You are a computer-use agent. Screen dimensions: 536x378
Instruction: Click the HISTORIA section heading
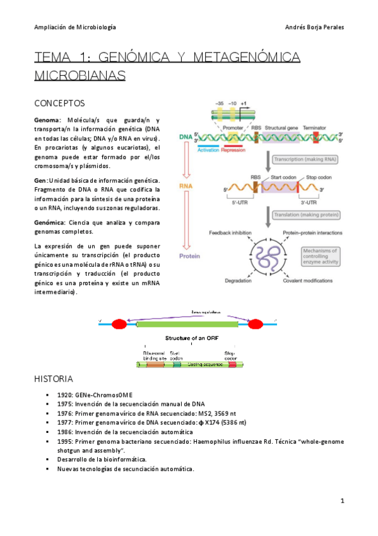coord(54,379)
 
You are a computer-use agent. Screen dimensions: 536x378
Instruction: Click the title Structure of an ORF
coord(191,338)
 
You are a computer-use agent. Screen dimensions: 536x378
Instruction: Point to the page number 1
coord(341,501)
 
